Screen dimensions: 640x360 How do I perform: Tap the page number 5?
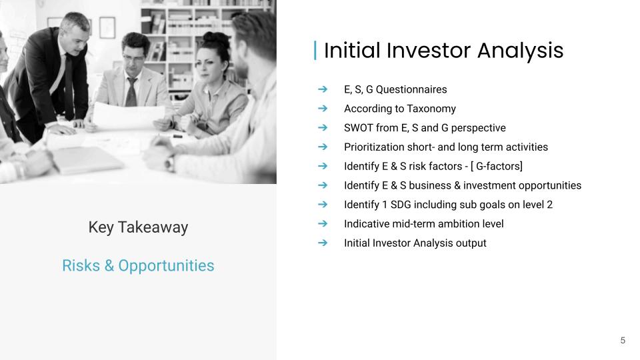click(x=623, y=341)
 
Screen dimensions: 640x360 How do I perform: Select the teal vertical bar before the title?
click(x=315, y=50)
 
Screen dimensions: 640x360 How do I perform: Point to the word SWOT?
click(x=359, y=128)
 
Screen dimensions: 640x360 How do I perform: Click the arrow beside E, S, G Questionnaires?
click(x=323, y=89)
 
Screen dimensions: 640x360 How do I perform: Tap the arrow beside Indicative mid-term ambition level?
click(x=323, y=223)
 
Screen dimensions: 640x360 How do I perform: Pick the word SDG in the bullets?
click(x=401, y=205)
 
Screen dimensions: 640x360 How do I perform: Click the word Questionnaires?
click(x=411, y=89)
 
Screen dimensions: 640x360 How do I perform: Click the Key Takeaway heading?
click(x=139, y=227)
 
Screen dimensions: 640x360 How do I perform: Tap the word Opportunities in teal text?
click(x=166, y=266)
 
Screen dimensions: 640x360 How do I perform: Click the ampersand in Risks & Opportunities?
click(x=109, y=266)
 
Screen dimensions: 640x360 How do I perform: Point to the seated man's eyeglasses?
click(x=134, y=57)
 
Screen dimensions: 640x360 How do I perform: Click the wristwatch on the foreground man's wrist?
click(x=169, y=163)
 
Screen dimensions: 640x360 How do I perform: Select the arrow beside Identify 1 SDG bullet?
click(x=323, y=204)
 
